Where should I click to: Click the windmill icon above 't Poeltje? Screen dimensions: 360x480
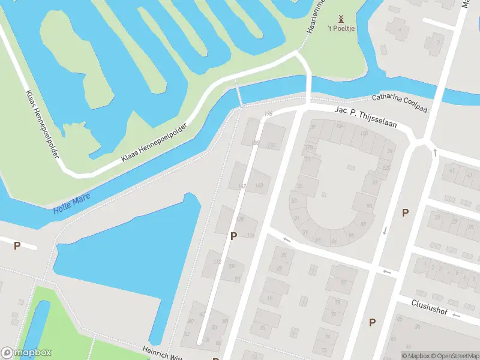click(341, 19)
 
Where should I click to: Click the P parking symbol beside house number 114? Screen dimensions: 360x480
click(233, 236)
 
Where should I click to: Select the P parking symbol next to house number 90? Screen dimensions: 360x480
click(405, 212)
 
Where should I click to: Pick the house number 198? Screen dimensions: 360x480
click(268, 114)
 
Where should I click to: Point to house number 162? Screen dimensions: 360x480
click(242, 186)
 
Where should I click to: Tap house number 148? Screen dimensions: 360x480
click(259, 186)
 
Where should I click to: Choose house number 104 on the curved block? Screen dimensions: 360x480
click(340, 126)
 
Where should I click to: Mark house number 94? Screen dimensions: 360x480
click(391, 151)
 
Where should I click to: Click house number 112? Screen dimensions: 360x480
click(217, 262)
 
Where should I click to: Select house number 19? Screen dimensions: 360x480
click(269, 298)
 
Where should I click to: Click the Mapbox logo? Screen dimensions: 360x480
click(26, 353)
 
